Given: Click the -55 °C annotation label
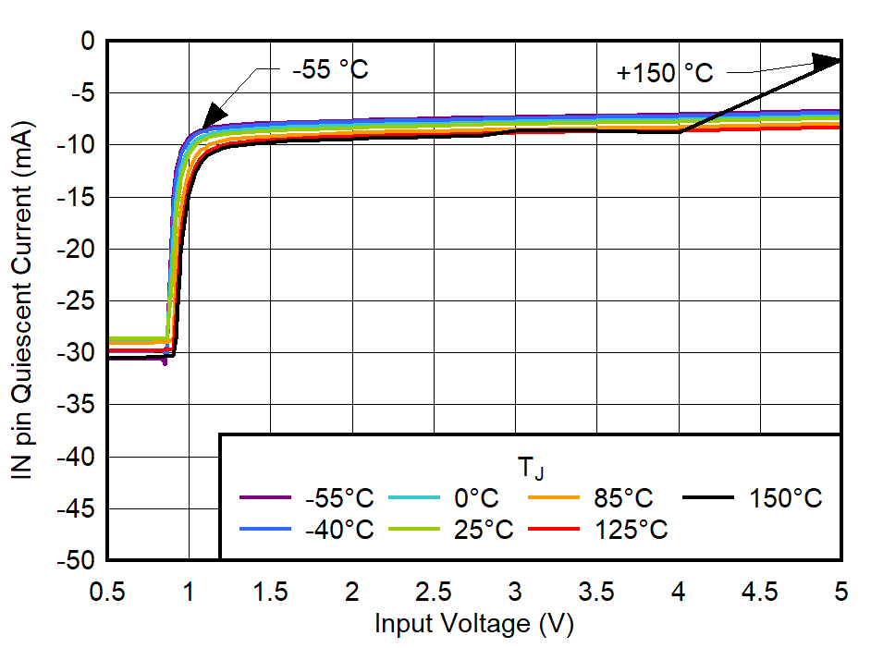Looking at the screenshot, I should click(x=329, y=69).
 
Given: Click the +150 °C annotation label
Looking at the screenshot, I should click(x=665, y=73).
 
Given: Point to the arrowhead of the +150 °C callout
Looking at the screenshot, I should click(x=828, y=62).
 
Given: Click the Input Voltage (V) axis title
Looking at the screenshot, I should click(x=473, y=624).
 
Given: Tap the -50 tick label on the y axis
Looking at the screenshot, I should click(x=76, y=561).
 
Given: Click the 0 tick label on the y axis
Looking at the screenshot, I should click(x=88, y=42).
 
